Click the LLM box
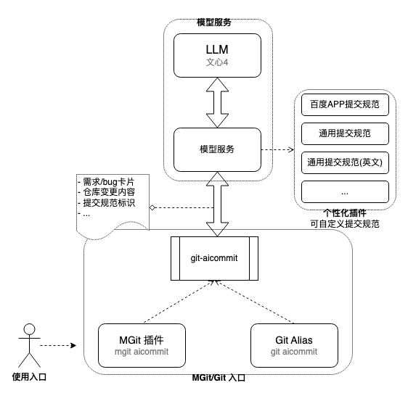(217, 55)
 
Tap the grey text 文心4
(217, 62)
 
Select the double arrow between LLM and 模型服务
(217, 103)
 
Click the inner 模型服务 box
(217, 149)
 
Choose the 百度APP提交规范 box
(345, 104)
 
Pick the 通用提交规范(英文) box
(345, 163)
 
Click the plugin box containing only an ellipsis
(345, 191)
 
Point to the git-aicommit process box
(214, 258)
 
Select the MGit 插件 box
(142, 345)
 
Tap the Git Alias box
(294, 345)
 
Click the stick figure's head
(30, 329)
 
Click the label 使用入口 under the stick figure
(29, 377)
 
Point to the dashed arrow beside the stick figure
(58, 345)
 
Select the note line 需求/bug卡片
(108, 182)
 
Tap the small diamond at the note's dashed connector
(152, 207)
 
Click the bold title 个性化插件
(345, 213)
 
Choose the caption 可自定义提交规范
(345, 224)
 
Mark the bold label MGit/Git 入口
(219, 378)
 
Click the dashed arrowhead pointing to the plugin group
(291, 149)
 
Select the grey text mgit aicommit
(142, 352)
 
